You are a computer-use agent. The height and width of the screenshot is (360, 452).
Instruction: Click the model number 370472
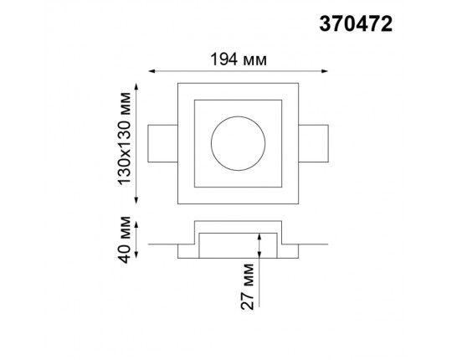356,24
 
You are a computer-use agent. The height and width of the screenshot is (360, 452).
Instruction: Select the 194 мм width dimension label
239,60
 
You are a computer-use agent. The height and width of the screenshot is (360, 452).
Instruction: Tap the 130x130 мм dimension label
124,138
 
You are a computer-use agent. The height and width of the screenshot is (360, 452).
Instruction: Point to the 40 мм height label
125,239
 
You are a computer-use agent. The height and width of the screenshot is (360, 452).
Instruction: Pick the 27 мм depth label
247,286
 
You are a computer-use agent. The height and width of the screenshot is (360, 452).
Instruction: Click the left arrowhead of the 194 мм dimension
152,71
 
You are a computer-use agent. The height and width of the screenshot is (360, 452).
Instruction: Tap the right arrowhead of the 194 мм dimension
325,71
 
